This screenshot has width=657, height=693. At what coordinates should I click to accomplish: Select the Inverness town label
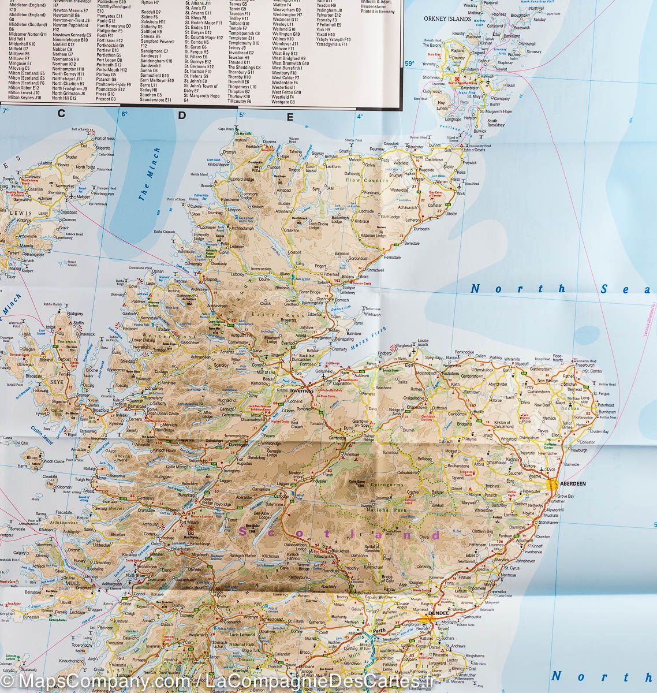tap(301, 390)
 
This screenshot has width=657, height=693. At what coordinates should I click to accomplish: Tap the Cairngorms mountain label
tap(387, 485)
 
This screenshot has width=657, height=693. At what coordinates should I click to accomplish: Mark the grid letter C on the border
tap(61, 114)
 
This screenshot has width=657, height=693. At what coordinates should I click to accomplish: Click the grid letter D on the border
tap(182, 115)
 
